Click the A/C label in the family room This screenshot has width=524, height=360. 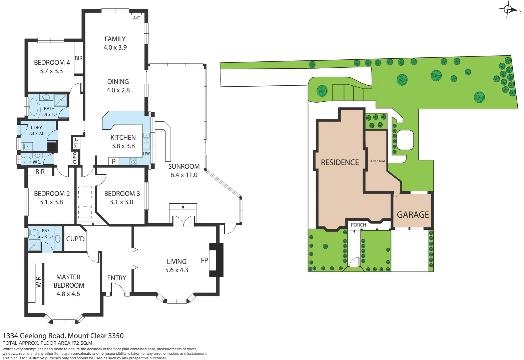pos(136,18)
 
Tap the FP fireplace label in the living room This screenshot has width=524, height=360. pos(204,260)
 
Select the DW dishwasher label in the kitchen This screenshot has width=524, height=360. pos(146,154)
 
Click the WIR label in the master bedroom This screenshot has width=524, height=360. pos(39,282)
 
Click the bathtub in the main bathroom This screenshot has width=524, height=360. pos(34,107)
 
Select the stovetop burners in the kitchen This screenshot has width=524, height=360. pos(133,162)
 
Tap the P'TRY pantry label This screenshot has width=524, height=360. pos(76,143)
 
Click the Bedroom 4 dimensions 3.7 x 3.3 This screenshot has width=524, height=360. pos(51,71)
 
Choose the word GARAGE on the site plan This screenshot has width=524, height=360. pos(413,215)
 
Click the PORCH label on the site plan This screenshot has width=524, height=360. pos(358,225)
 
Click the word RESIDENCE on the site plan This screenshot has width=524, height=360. pos(340,162)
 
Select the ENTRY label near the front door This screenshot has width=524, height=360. pos(116,278)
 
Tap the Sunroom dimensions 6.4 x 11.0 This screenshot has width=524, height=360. pos(184,175)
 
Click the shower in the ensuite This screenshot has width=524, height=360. pos(34,245)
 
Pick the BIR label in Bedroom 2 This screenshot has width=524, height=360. pos(40,172)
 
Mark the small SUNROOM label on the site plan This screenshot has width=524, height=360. pos(377,161)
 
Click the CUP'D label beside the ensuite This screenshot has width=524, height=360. pos(75,239)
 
